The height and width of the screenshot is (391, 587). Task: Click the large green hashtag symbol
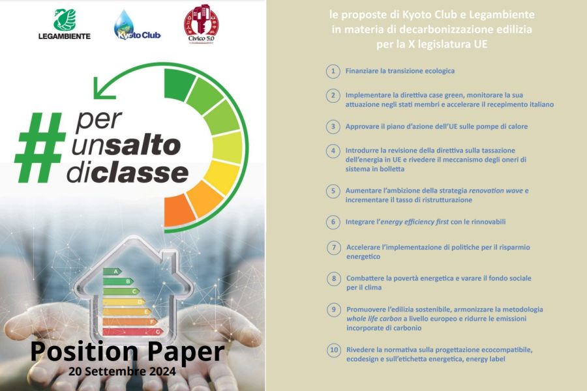pyautogui.click(x=40, y=147)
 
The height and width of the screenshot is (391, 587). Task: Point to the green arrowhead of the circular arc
pyautogui.click(x=100, y=89)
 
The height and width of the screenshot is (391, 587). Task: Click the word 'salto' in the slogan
pyautogui.click(x=143, y=145)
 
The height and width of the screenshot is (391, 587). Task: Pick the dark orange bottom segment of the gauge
pyautogui.click(x=178, y=211)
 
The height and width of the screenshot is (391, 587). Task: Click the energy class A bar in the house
pyautogui.click(x=112, y=272)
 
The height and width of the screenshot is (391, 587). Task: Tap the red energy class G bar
pyautogui.click(x=133, y=332)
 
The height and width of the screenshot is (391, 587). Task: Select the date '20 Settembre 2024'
pyautogui.click(x=122, y=371)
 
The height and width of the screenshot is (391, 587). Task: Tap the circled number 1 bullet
pyautogui.click(x=333, y=71)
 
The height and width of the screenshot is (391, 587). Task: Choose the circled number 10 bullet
pyautogui.click(x=333, y=350)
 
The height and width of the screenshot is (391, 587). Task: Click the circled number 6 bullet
pyautogui.click(x=333, y=222)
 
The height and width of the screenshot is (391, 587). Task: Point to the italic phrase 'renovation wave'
pyautogui.click(x=496, y=190)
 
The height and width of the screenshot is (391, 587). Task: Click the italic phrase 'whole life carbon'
pyautogui.click(x=374, y=319)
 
